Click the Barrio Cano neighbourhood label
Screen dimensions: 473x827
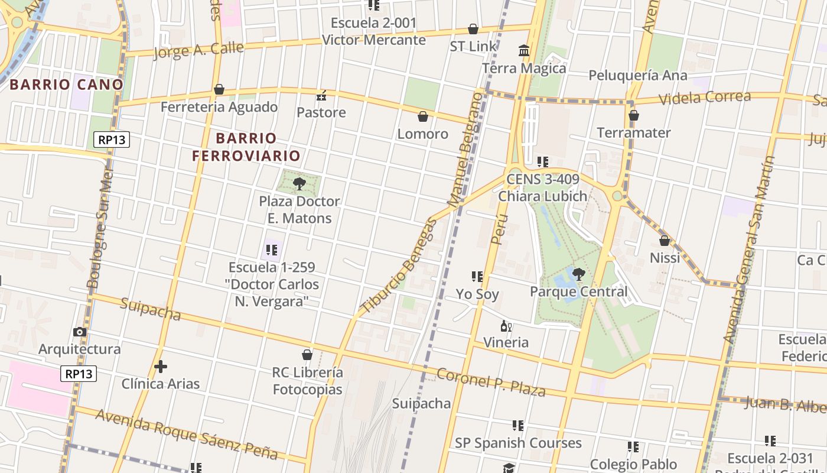(66, 85)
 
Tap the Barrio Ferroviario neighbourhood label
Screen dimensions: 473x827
(246, 147)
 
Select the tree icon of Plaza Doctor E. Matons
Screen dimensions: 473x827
(299, 183)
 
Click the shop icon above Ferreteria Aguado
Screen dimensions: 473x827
(219, 89)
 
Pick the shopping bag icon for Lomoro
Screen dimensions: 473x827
(422, 116)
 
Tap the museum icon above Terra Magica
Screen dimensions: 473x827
(524, 51)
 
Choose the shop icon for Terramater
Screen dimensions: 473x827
(634, 115)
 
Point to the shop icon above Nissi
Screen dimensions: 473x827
(665, 241)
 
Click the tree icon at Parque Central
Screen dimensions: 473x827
(578, 274)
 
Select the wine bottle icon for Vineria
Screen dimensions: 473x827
(506, 326)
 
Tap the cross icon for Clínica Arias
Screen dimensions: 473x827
(161, 367)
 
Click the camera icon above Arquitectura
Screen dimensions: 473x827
(80, 332)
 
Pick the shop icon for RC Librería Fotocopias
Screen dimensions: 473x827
(307, 355)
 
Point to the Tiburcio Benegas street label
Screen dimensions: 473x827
(399, 266)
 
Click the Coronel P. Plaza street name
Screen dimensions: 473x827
(490, 382)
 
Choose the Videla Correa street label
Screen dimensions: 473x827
(704, 98)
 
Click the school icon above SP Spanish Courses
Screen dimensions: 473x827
(518, 426)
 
